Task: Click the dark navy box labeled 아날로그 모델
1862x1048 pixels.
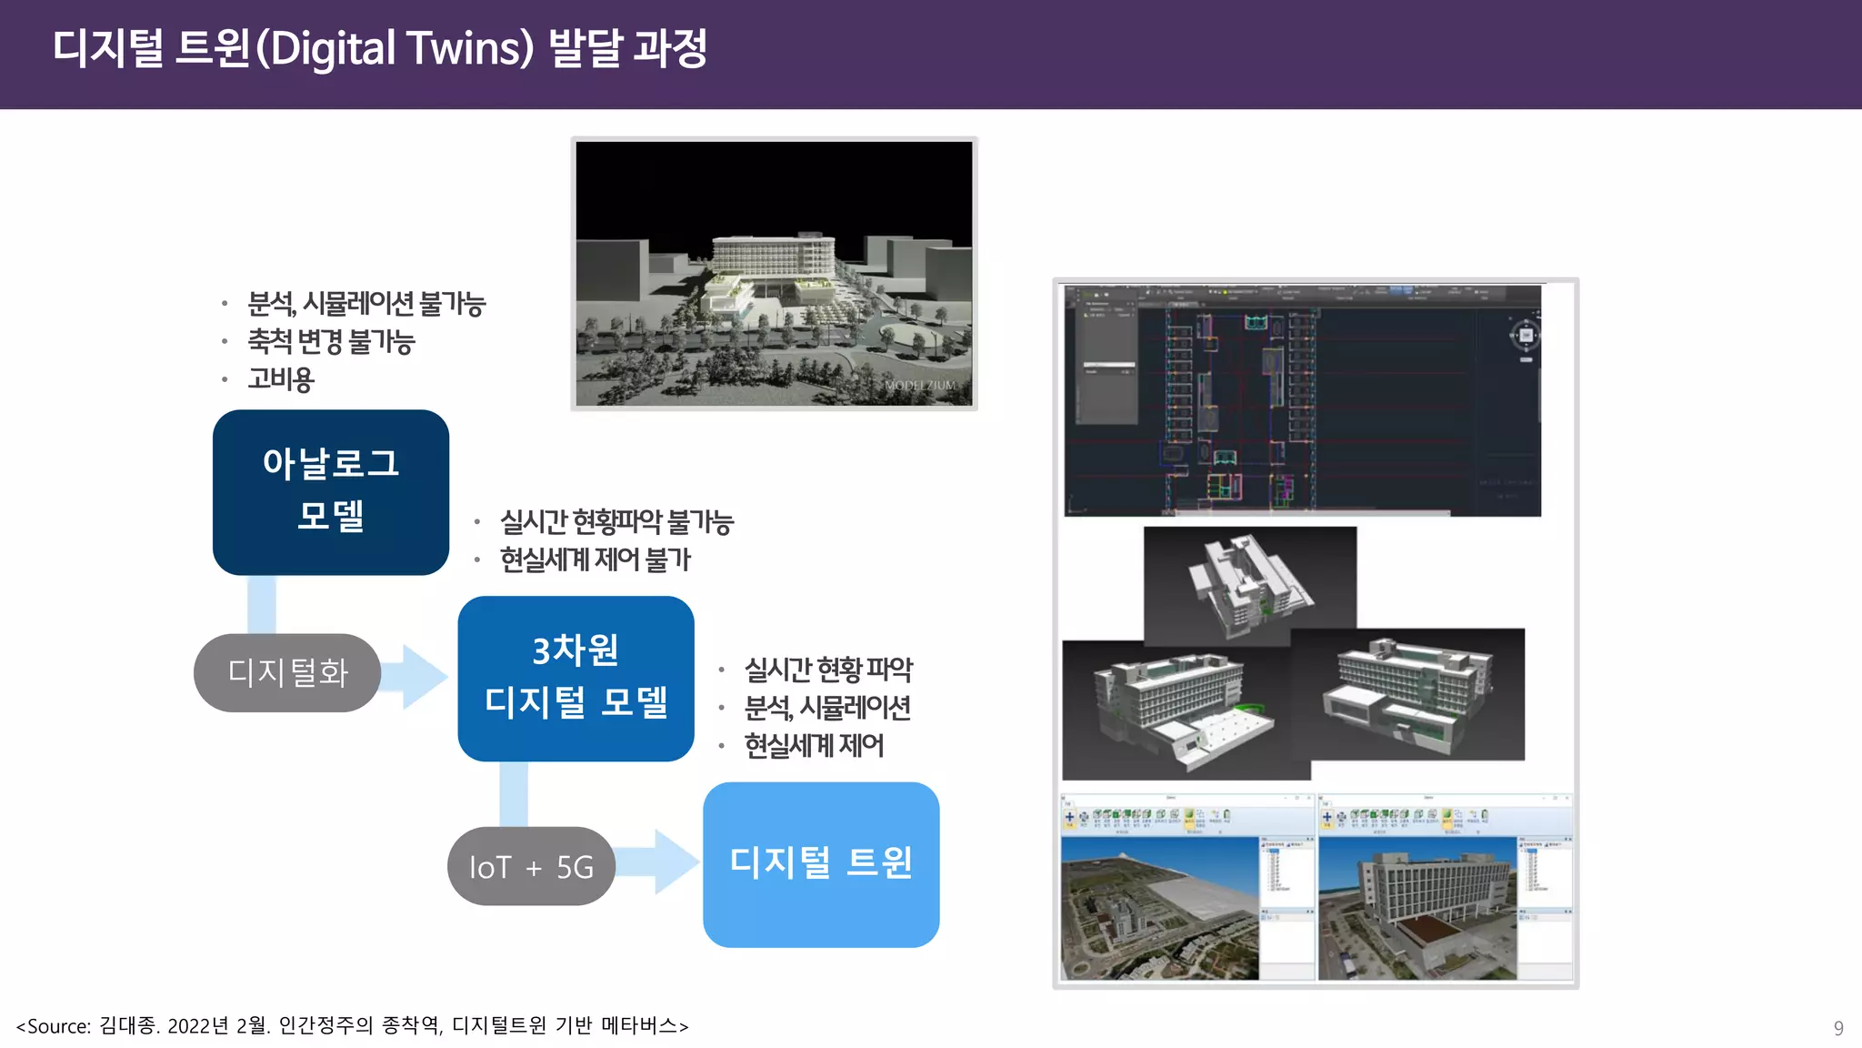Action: point(330,491)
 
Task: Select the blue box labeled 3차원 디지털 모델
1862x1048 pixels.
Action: point(576,678)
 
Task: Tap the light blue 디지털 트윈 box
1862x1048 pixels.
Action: point(820,864)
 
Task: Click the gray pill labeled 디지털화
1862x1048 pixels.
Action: point(287,673)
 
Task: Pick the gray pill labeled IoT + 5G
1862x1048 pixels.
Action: point(531,867)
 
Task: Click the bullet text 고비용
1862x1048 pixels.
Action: point(281,379)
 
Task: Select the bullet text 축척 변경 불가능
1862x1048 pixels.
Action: point(331,342)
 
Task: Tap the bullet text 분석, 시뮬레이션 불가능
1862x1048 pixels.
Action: point(366,304)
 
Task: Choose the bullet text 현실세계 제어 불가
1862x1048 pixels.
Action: point(596,559)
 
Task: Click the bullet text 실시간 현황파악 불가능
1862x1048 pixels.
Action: point(616,522)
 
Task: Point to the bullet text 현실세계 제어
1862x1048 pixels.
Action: point(814,746)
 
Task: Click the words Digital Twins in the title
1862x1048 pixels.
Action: point(401,49)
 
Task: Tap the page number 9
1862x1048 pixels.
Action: point(1838,1028)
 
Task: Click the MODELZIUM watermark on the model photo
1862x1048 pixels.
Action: point(920,386)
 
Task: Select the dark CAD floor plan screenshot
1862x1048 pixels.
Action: point(1302,400)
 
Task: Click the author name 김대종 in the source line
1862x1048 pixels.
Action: point(127,1026)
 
